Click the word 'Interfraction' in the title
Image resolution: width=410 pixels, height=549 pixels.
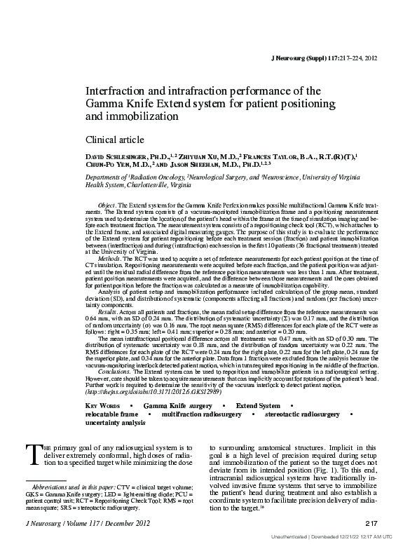[x=114, y=91]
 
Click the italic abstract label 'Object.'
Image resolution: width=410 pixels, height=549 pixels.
[x=107, y=203]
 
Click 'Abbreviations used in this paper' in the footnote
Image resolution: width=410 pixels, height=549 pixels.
[x=72, y=487]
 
